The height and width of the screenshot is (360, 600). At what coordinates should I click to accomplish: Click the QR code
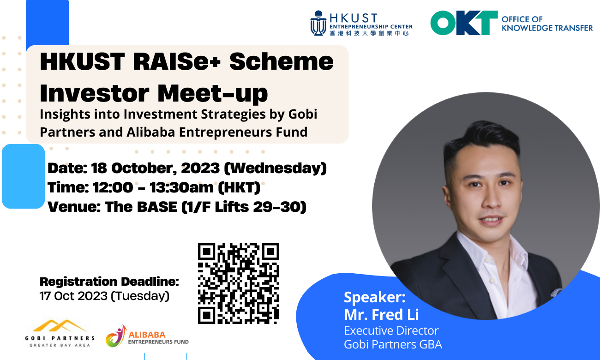point(239,283)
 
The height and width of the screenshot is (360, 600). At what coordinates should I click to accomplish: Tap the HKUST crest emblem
point(318,23)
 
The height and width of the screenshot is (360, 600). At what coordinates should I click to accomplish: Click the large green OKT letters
point(464,23)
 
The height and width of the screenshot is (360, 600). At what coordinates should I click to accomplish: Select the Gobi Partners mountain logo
point(60,326)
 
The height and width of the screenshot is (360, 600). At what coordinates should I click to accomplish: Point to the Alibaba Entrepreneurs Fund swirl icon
point(116,336)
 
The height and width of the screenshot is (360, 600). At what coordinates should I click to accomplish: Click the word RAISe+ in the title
point(177,61)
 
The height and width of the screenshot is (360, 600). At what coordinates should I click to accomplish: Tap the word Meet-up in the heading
point(212,94)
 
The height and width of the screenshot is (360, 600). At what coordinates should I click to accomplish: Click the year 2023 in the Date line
point(200,168)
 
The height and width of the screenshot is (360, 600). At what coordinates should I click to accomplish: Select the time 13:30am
point(181,187)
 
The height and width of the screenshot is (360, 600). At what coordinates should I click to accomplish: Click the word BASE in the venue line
point(157,207)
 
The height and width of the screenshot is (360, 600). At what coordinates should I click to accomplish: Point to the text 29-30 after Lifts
point(277,207)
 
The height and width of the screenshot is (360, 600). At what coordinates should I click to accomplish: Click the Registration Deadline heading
point(109,282)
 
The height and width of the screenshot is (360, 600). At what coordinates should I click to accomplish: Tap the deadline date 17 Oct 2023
point(73,296)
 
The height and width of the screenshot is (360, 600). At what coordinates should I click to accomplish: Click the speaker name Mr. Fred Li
point(381,314)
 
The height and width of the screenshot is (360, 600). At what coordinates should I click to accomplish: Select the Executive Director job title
point(391,331)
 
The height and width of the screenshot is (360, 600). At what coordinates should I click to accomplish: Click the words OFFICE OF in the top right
point(522,19)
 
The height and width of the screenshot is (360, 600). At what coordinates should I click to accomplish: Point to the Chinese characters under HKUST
point(369,33)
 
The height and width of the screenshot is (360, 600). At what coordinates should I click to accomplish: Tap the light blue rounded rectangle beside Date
point(23,176)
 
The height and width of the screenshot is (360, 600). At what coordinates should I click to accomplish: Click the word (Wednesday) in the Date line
point(276,168)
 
